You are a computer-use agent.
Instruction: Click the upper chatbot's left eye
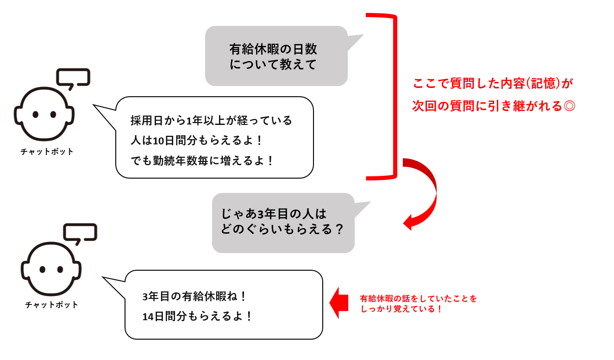(35, 114)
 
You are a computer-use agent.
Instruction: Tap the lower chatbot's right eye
(60, 270)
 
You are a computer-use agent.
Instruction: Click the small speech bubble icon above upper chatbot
(73, 79)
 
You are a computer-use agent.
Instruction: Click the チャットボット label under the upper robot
(47, 151)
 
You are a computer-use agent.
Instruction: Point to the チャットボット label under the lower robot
(51, 304)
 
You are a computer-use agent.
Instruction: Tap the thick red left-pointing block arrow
(339, 303)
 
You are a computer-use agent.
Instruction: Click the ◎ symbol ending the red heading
(570, 106)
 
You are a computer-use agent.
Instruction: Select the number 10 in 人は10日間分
(158, 141)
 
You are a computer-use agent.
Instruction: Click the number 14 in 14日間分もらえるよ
(148, 317)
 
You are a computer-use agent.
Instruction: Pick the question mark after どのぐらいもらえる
(339, 229)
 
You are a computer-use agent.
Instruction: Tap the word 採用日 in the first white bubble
(147, 121)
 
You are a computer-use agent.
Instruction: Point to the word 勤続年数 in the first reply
(175, 161)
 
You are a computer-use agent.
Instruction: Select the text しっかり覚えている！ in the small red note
(401, 309)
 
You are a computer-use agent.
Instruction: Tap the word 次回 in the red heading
(424, 106)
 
